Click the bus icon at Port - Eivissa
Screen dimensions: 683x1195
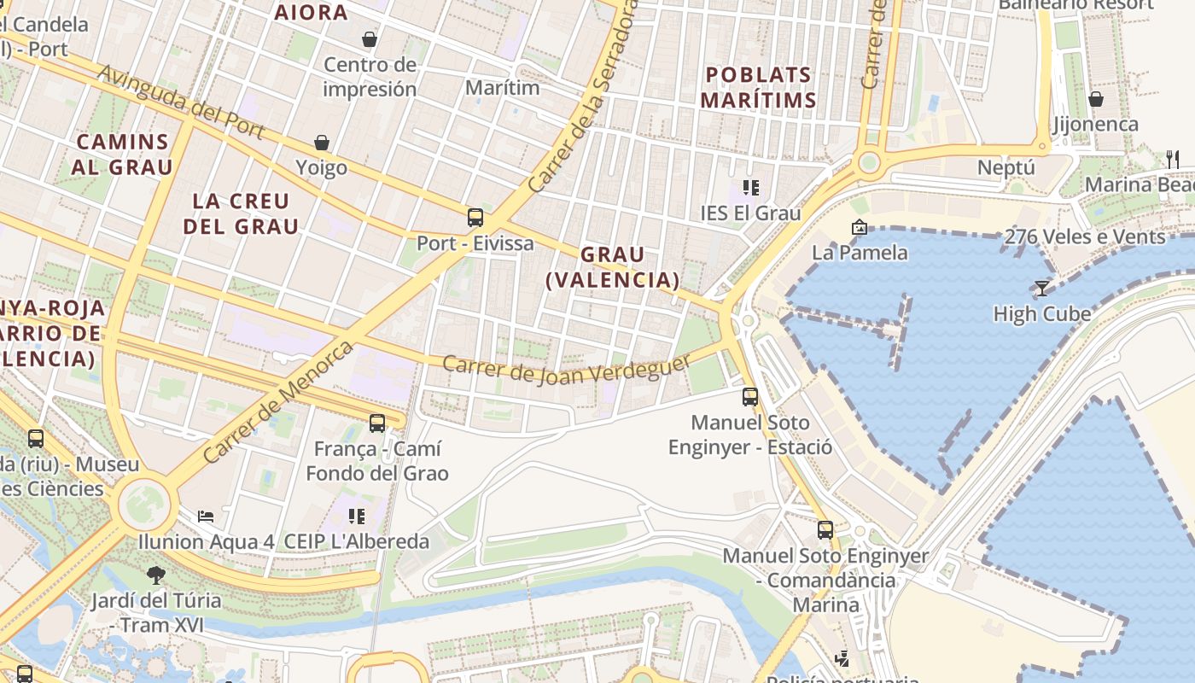tap(475, 218)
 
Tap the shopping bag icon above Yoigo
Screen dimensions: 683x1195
tap(322, 143)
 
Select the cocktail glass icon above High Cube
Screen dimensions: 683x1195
tap(1041, 288)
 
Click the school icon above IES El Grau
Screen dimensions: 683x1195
tap(750, 188)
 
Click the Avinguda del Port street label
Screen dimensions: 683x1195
tap(182, 101)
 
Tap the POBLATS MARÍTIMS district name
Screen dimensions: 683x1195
tap(758, 87)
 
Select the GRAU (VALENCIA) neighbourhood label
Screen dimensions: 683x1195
tap(613, 267)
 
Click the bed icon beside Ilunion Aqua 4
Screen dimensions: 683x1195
tap(206, 517)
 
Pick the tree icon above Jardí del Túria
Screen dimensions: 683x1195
tap(155, 575)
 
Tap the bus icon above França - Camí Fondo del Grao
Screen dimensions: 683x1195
tap(376, 423)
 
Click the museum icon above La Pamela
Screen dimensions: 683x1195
tap(859, 227)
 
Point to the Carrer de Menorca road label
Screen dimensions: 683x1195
tap(278, 402)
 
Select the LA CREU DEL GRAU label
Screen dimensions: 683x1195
tap(241, 213)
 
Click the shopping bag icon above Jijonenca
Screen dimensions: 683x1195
tap(1095, 99)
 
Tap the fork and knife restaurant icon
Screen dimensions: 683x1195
tap(1173, 159)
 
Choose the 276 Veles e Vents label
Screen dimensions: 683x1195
tap(1085, 236)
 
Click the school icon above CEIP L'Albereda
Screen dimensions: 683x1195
tap(356, 516)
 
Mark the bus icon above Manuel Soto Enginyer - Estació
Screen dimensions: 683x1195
tap(749, 396)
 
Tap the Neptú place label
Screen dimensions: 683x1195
tap(1006, 167)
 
